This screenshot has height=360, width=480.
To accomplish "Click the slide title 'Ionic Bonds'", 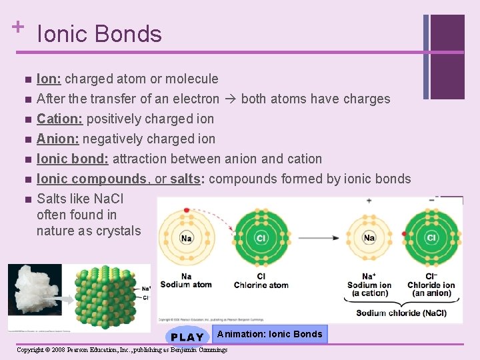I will (x=99, y=34).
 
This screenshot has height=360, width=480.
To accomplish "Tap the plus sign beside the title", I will (x=17, y=27).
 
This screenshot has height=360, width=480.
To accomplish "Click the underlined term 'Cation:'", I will (x=61, y=119).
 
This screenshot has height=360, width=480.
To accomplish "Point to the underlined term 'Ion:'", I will (x=49, y=79).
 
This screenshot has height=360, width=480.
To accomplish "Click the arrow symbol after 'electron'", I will (x=230, y=99).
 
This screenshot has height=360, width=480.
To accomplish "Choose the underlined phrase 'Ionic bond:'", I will (x=73, y=159).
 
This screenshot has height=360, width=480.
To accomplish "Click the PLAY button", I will (x=187, y=336).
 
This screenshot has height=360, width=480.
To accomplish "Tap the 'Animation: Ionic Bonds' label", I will (x=269, y=334).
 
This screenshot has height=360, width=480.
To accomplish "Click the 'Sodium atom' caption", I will (x=186, y=281).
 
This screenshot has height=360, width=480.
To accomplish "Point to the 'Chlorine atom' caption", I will (x=261, y=281).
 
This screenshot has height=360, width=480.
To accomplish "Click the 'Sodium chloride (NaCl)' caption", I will (x=401, y=313).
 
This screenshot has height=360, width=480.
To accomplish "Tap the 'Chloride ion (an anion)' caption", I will (x=431, y=285).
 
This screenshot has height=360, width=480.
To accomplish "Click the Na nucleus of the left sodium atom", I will (x=187, y=237).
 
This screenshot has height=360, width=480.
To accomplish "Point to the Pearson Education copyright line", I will (x=122, y=350).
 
